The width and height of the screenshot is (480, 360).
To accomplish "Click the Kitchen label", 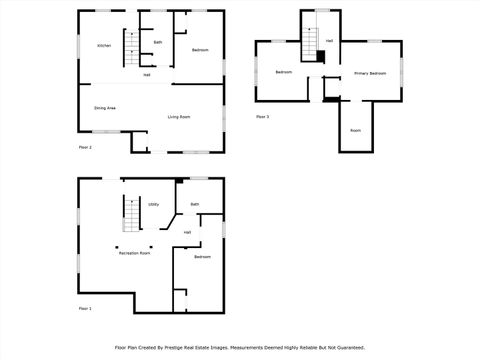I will [103, 46].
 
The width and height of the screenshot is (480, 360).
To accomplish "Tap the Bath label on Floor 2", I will [158, 42].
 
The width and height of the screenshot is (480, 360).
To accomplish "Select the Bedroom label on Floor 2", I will [200, 50].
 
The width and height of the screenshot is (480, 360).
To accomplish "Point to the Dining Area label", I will [105, 107].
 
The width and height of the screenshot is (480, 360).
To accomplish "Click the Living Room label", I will [179, 117].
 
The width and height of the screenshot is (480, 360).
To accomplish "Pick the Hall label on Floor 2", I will [147, 74].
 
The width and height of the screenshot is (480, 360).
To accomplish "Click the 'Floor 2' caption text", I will [85, 148].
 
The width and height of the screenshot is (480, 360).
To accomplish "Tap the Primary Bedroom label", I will [369, 73].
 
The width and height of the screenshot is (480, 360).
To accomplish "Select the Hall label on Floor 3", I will [329, 40].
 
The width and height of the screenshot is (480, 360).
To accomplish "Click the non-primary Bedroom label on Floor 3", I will [284, 72].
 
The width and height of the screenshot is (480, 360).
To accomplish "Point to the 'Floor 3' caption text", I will [262, 117].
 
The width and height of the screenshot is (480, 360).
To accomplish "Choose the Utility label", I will [154, 204].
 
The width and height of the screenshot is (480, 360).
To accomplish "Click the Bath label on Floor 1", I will [195, 204].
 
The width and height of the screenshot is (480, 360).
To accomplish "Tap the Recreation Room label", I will [134, 253].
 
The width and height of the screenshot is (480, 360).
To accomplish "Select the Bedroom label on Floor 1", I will [203, 257].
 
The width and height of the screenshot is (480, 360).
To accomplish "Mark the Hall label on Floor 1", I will [187, 232].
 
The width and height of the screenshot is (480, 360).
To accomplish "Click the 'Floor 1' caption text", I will [85, 308].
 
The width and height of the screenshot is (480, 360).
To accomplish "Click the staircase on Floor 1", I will [130, 212].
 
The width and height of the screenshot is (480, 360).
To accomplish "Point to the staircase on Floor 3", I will [311, 46].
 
